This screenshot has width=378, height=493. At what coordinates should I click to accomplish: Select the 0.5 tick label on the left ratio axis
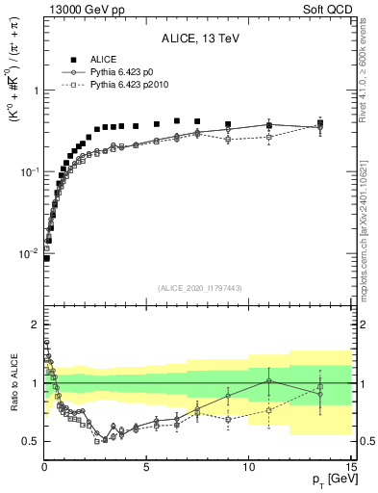tap(30, 441)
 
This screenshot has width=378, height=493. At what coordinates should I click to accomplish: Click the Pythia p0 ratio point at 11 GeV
tap(269, 380)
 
